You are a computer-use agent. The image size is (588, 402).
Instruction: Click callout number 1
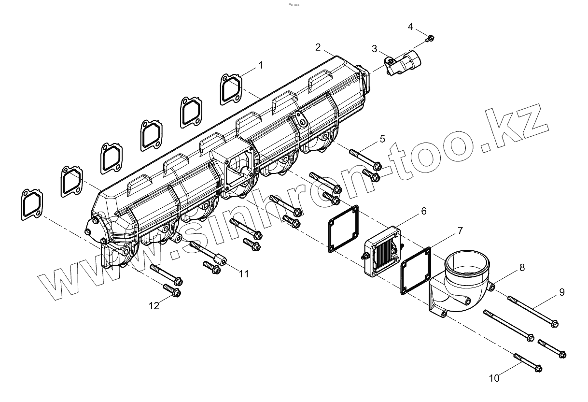point(261,65)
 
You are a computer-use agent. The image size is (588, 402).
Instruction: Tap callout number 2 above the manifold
point(318,47)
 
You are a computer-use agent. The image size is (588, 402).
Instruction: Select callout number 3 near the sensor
point(375,48)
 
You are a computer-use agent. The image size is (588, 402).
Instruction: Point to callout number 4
point(410,26)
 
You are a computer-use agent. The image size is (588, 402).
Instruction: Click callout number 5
point(382,139)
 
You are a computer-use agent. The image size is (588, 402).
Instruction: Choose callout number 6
point(423,211)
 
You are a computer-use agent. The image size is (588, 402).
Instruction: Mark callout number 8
point(523,267)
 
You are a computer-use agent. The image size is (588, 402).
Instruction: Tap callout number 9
point(561,292)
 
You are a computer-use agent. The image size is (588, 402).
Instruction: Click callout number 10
point(494,378)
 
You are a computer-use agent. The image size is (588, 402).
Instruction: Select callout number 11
point(244,273)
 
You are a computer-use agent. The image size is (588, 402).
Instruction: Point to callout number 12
point(154,305)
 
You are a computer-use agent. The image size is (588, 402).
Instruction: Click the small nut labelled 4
point(431,38)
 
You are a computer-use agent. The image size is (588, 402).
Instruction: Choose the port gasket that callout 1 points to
point(231,89)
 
